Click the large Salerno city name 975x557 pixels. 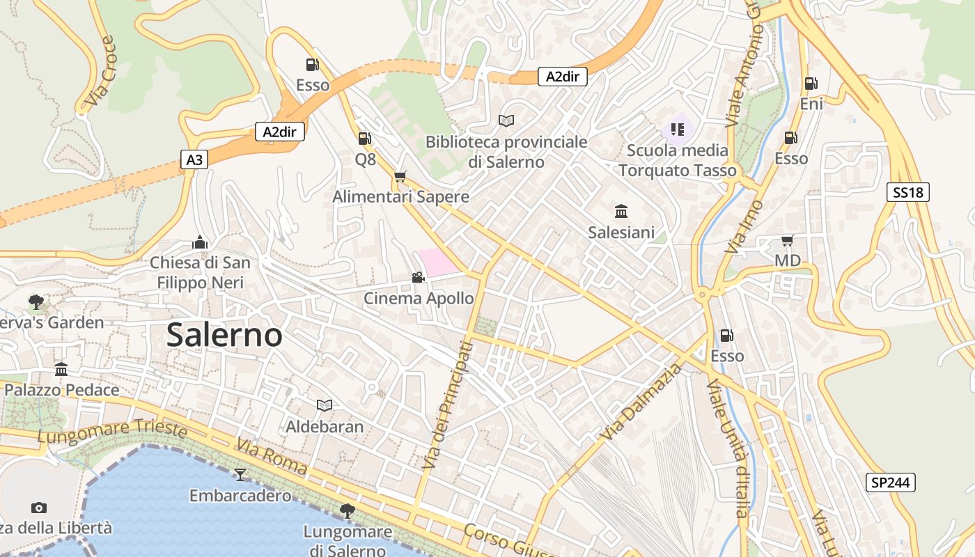point(224,336)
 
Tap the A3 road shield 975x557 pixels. point(194,160)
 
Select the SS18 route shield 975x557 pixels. point(908,192)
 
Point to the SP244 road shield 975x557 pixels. point(891,483)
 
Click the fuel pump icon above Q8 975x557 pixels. point(365,139)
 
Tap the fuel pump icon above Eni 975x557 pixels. point(811,84)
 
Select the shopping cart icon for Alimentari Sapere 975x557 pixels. point(400,177)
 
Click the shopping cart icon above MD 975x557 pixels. point(787,241)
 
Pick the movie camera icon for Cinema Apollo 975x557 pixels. point(418,278)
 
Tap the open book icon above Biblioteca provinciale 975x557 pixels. point(506,121)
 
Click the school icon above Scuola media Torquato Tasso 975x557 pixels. point(677,129)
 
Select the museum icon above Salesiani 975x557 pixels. point(621,211)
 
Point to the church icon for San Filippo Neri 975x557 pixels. point(200,242)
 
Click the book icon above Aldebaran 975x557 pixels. point(325,405)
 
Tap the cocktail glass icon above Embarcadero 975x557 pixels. point(240,474)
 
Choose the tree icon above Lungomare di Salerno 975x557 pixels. point(347,511)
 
